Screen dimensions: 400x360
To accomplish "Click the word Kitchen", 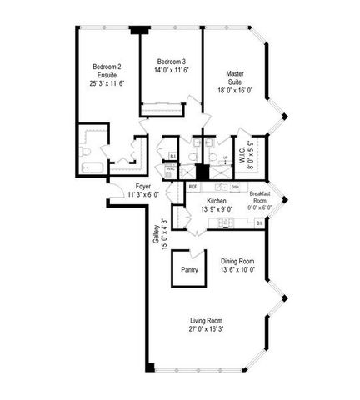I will coord(217,202).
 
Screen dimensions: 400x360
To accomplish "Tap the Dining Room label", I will coord(237,262).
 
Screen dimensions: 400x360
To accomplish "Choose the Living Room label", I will coord(207,320).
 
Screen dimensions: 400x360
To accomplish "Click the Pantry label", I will coord(190,269).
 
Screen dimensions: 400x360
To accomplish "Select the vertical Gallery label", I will coord(156,237).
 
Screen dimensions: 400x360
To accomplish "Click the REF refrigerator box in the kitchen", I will coord(192,187).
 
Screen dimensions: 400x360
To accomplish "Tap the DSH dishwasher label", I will coord(236,187).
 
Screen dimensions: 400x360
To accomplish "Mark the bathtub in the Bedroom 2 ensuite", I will coord(91,169).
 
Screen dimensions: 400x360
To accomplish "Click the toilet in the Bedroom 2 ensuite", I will coord(86,152).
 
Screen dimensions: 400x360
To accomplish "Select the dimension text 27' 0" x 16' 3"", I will coord(207,328).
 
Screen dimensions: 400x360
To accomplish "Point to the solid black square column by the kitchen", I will coord(201,173).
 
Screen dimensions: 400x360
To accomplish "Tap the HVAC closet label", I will coord(170,169).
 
